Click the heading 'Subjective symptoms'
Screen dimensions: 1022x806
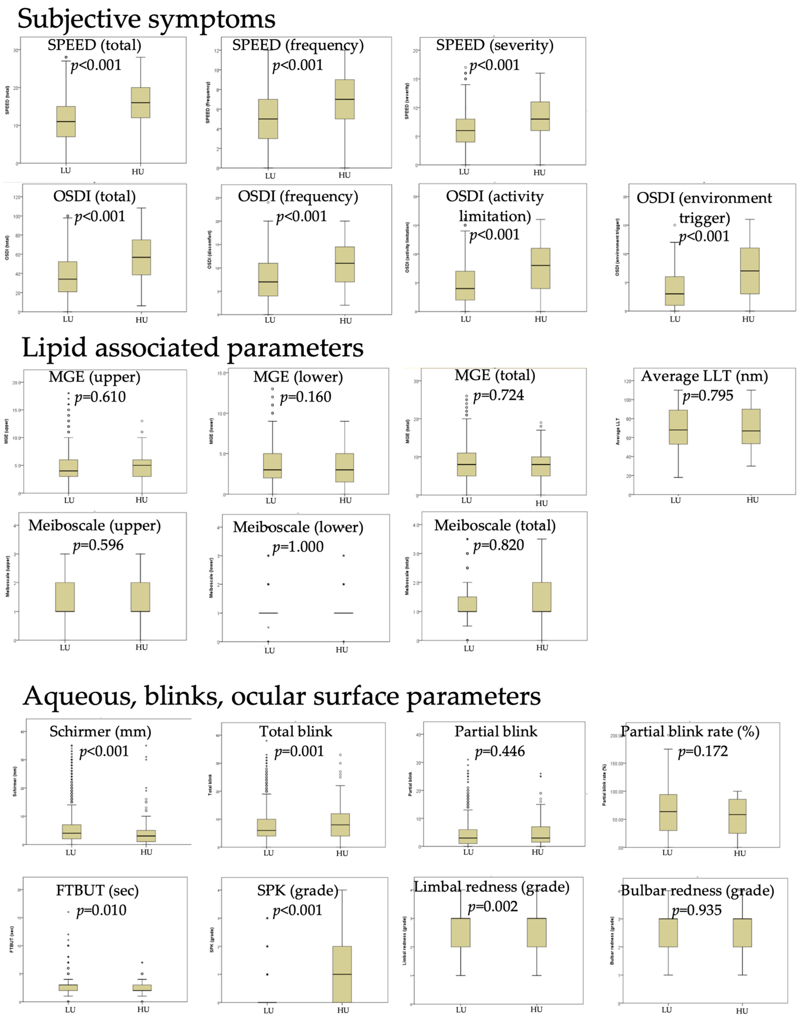[x=146, y=19]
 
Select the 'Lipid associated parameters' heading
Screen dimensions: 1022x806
[x=193, y=348]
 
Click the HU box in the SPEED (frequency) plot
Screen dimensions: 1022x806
[x=344, y=99]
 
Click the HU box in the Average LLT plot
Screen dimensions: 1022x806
[x=751, y=426]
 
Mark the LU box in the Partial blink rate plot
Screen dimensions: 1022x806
[x=668, y=812]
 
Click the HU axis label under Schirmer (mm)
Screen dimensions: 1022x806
[x=146, y=852]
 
